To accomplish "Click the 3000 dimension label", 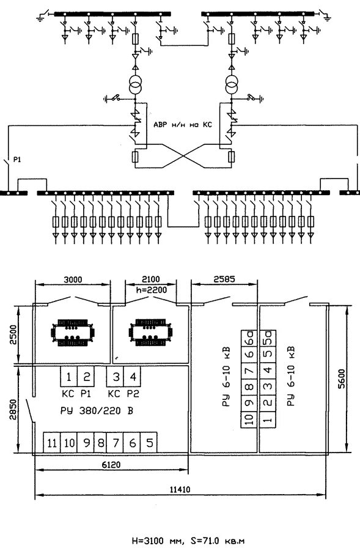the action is tap(73, 279).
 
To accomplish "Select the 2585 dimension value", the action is tap(225, 279).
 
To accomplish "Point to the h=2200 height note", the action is tap(152, 290).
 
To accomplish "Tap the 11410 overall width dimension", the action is tap(180, 489).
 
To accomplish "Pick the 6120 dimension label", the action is tap(111, 465).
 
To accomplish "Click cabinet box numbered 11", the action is tap(51, 442).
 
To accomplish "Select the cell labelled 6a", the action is tap(249, 338).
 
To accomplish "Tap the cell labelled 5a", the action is tap(268, 338).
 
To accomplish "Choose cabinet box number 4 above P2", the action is tap(133, 377).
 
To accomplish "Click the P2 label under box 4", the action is tap(133, 394).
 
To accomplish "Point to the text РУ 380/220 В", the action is tap(97, 410).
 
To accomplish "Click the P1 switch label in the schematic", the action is tap(17, 160).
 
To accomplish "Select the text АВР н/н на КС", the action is tap(183, 125).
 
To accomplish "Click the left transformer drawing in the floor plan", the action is tap(73, 333).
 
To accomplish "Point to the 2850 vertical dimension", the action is tap(13, 409).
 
